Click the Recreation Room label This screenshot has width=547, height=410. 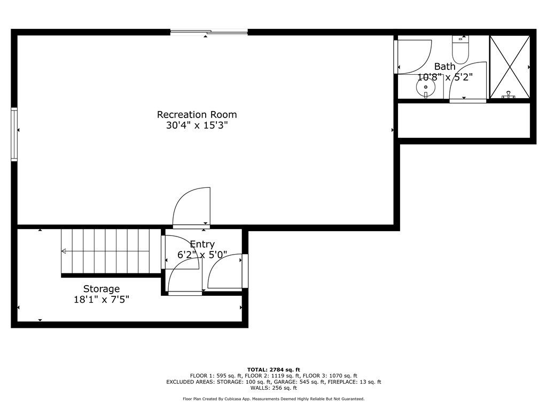197,114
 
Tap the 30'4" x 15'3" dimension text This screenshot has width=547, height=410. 197,126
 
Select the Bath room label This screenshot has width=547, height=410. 444,67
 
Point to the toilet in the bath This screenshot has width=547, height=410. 460,51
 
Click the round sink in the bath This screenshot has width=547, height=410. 426,87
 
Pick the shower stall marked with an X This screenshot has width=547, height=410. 510,67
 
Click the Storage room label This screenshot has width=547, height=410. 101,289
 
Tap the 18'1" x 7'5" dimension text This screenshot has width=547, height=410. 101,300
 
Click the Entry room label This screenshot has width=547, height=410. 202,245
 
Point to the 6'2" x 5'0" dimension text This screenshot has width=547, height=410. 202,255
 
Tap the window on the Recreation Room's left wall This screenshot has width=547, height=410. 14,135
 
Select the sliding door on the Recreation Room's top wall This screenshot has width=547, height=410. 209,32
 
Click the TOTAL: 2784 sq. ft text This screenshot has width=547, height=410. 273,369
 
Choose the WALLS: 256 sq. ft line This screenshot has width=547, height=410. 273,388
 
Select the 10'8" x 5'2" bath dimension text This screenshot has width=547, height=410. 444,77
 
